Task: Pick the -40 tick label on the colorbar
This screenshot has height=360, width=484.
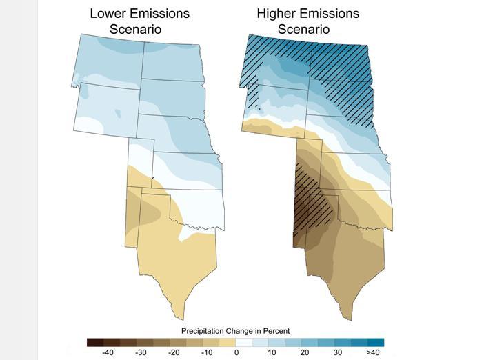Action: click(108, 352)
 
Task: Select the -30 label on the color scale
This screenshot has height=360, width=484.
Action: click(141, 352)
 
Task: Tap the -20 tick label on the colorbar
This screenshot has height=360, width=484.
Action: click(174, 352)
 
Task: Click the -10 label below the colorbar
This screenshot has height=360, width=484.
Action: click(206, 352)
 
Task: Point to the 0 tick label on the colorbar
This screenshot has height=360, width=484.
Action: click(236, 352)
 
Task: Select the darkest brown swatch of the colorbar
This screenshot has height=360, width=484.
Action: click(96, 341)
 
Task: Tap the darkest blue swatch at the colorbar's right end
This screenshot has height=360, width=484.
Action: click(376, 341)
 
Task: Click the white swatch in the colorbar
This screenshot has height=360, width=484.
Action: click(244, 341)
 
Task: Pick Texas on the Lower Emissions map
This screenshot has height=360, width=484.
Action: click(176, 262)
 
